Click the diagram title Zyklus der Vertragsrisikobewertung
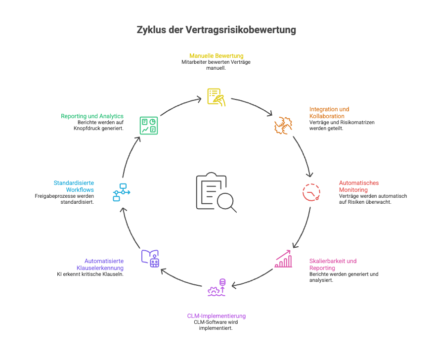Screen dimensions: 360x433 (x=216, y=30)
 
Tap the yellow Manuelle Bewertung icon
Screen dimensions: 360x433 (x=216, y=96)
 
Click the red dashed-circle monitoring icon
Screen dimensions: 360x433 (x=311, y=191)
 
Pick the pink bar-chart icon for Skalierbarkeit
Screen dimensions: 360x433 (x=283, y=259)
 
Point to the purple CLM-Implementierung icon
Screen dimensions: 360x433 (x=216, y=288)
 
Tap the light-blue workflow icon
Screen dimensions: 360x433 (x=121, y=191)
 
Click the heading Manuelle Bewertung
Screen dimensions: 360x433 (x=216, y=56)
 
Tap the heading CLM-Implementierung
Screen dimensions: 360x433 (x=216, y=315)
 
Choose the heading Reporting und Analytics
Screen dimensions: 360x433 (x=92, y=116)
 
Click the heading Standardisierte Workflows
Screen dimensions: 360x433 (x=74, y=186)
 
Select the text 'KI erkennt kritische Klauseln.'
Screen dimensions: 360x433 (x=90, y=274)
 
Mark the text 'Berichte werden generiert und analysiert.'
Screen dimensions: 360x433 (x=344, y=277)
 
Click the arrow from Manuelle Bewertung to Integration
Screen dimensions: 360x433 (x=252, y=104)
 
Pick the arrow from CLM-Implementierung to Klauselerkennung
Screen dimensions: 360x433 (x=179, y=279)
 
